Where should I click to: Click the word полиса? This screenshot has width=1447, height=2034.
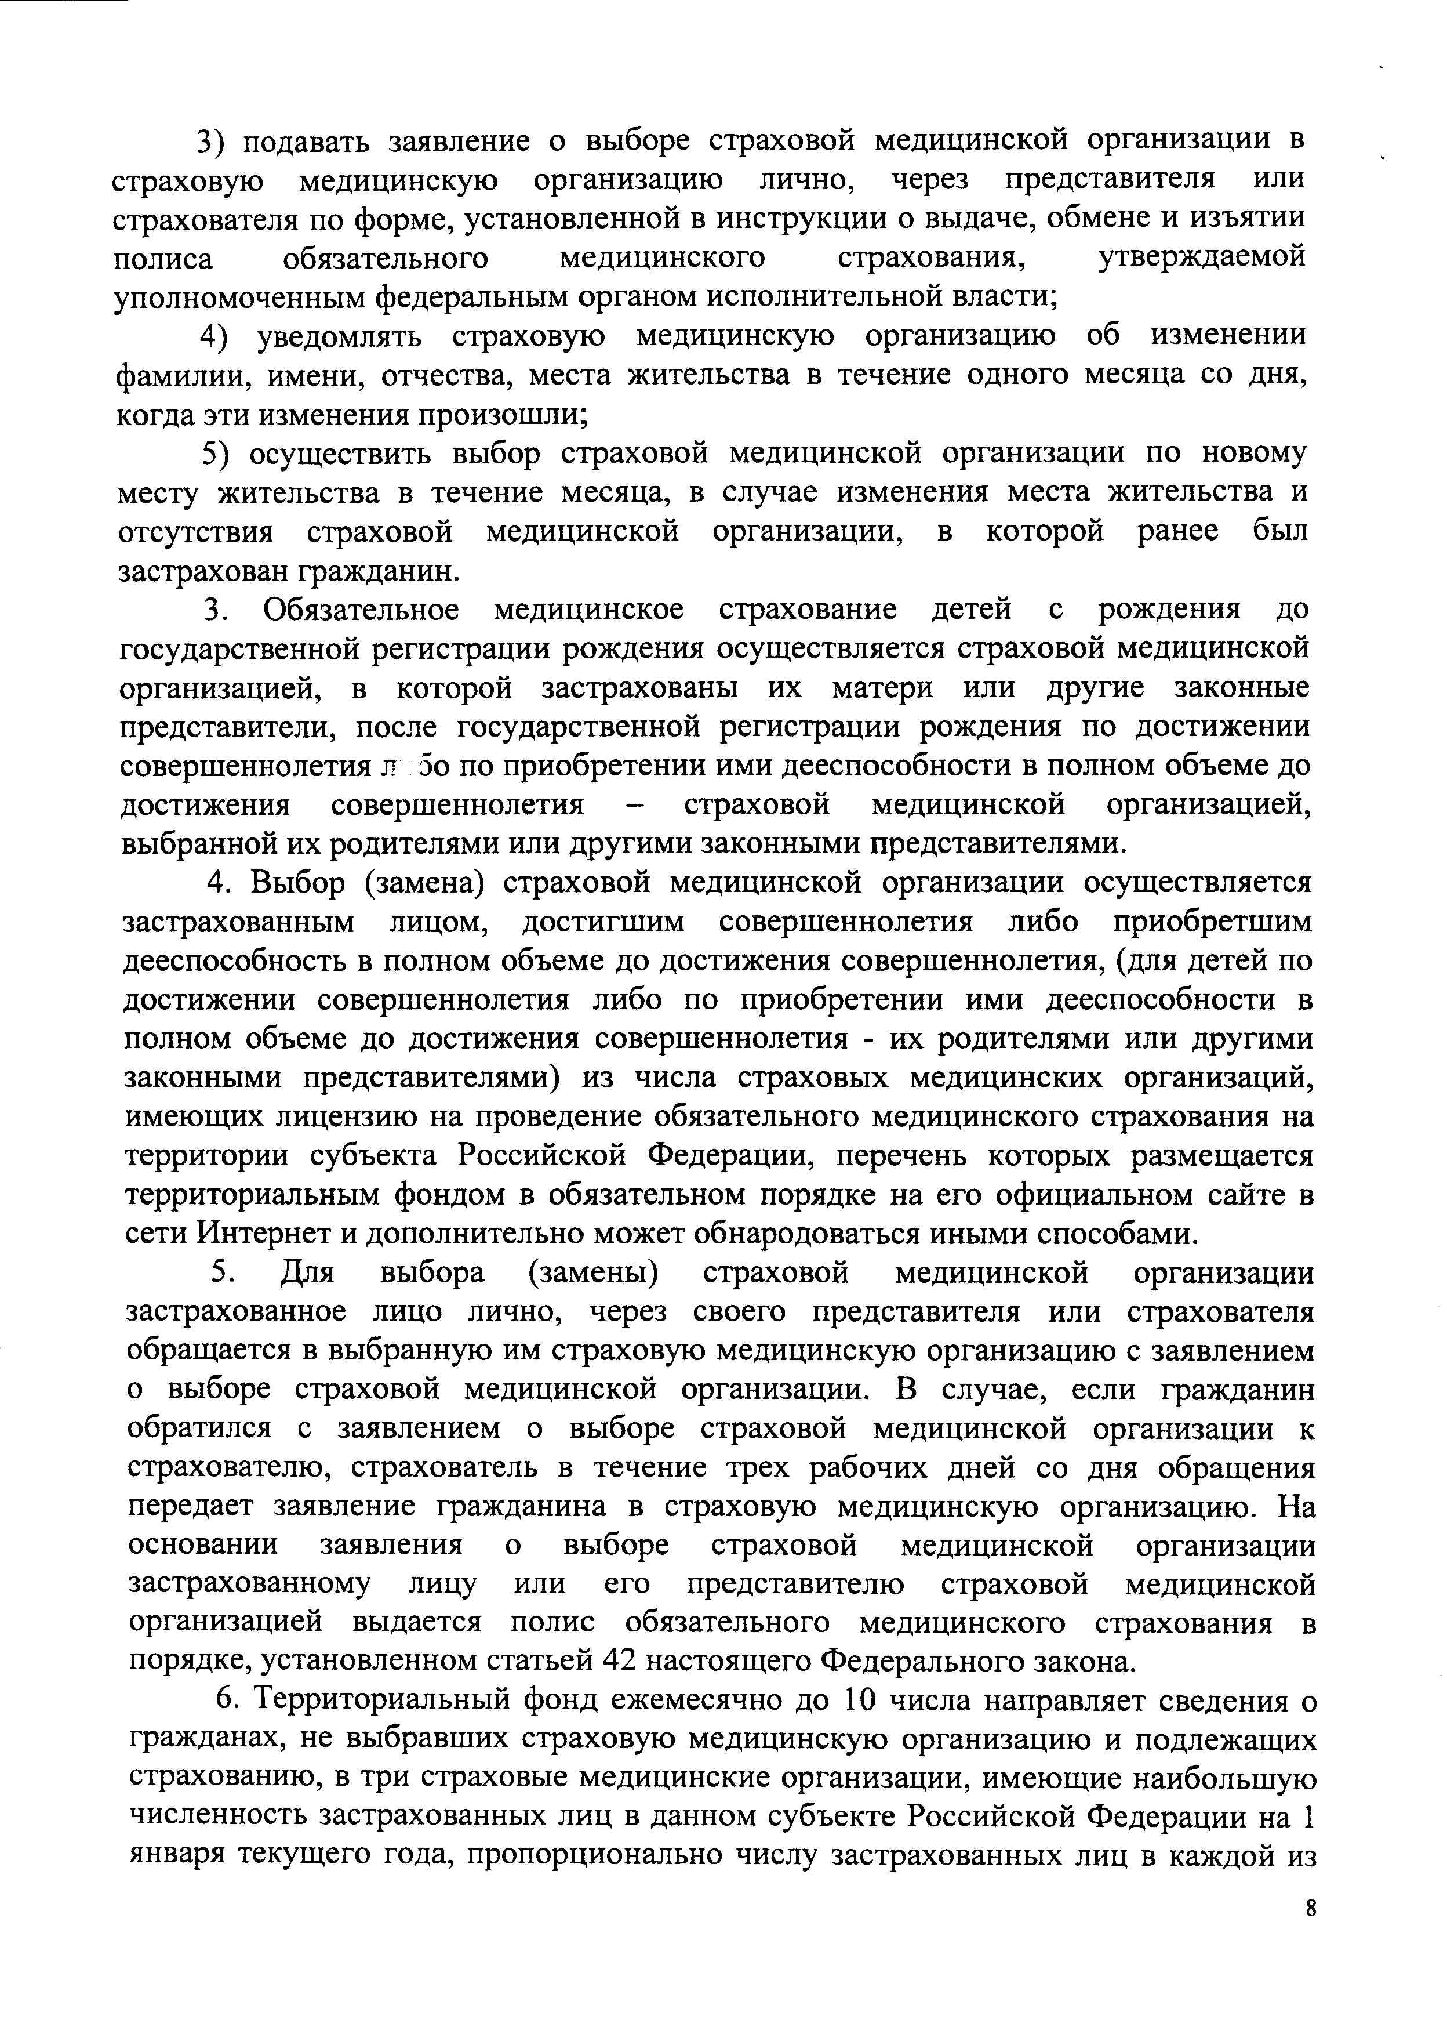[x=163, y=259]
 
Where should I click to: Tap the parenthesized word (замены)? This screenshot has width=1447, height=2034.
[x=594, y=1274]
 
